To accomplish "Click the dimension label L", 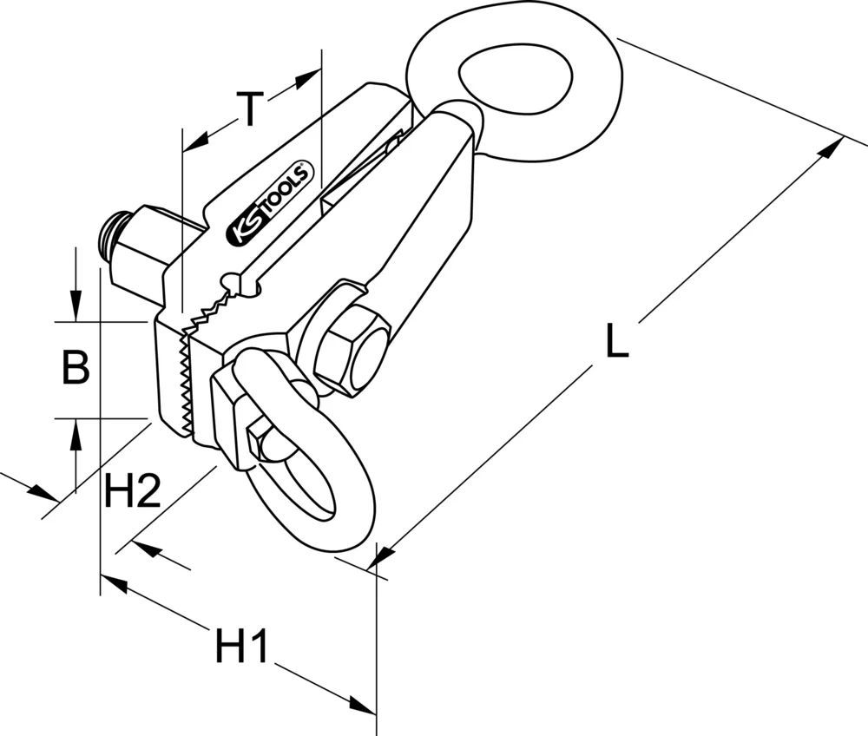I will point(616,341).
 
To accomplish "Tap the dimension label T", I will point(251,109).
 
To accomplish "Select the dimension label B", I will point(76,368).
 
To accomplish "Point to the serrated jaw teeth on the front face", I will point(184,382).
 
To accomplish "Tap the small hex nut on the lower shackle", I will point(260,441).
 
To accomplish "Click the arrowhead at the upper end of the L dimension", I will point(832,147).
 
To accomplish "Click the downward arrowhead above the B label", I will point(76,308).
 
